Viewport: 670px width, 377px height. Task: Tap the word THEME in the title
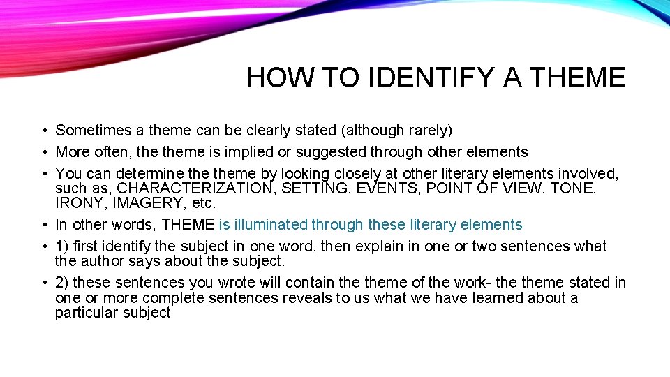577,77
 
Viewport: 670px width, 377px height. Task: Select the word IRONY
78,203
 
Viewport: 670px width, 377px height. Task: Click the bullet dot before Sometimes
43,131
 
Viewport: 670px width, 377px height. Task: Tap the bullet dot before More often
43,153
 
